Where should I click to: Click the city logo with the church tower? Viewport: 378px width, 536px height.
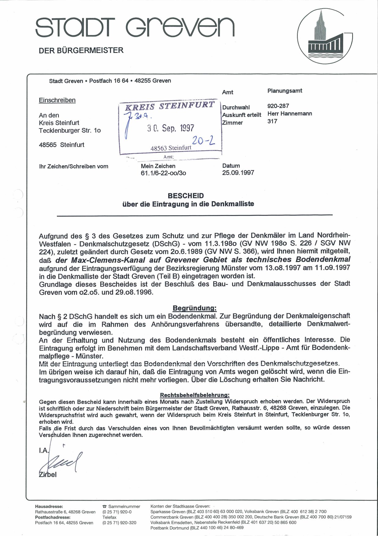pyautogui.click(x=325, y=36)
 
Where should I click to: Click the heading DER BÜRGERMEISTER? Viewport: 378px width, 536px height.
pyautogui.click(x=81, y=50)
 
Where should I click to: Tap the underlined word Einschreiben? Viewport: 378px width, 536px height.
pyautogui.click(x=57, y=100)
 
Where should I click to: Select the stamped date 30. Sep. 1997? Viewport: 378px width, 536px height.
pyautogui.click(x=170, y=128)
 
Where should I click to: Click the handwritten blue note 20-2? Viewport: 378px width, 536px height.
pyautogui.click(x=203, y=140)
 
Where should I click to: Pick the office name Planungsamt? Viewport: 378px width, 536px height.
pyautogui.click(x=285, y=91)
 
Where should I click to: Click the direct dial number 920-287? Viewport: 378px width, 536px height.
pyautogui.click(x=278, y=106)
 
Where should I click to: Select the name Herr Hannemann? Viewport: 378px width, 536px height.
pyautogui.click(x=290, y=114)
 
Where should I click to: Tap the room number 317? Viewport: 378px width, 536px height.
pyautogui.click(x=272, y=121)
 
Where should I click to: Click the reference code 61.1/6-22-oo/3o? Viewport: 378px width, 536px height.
pyautogui.click(x=163, y=173)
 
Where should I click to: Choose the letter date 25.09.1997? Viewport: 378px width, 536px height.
pyautogui.click(x=238, y=173)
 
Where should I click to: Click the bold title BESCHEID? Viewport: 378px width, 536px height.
pyautogui.click(x=186, y=196)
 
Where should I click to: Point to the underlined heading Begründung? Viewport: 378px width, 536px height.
pyautogui.click(x=195, y=308)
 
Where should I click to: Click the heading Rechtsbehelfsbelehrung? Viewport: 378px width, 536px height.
pyautogui.click(x=195, y=395)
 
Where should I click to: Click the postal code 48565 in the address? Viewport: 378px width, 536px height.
pyautogui.click(x=48, y=145)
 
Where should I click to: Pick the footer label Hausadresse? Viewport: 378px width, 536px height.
pyautogui.click(x=49, y=506)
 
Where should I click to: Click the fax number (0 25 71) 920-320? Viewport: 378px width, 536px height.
pyautogui.click(x=119, y=523)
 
